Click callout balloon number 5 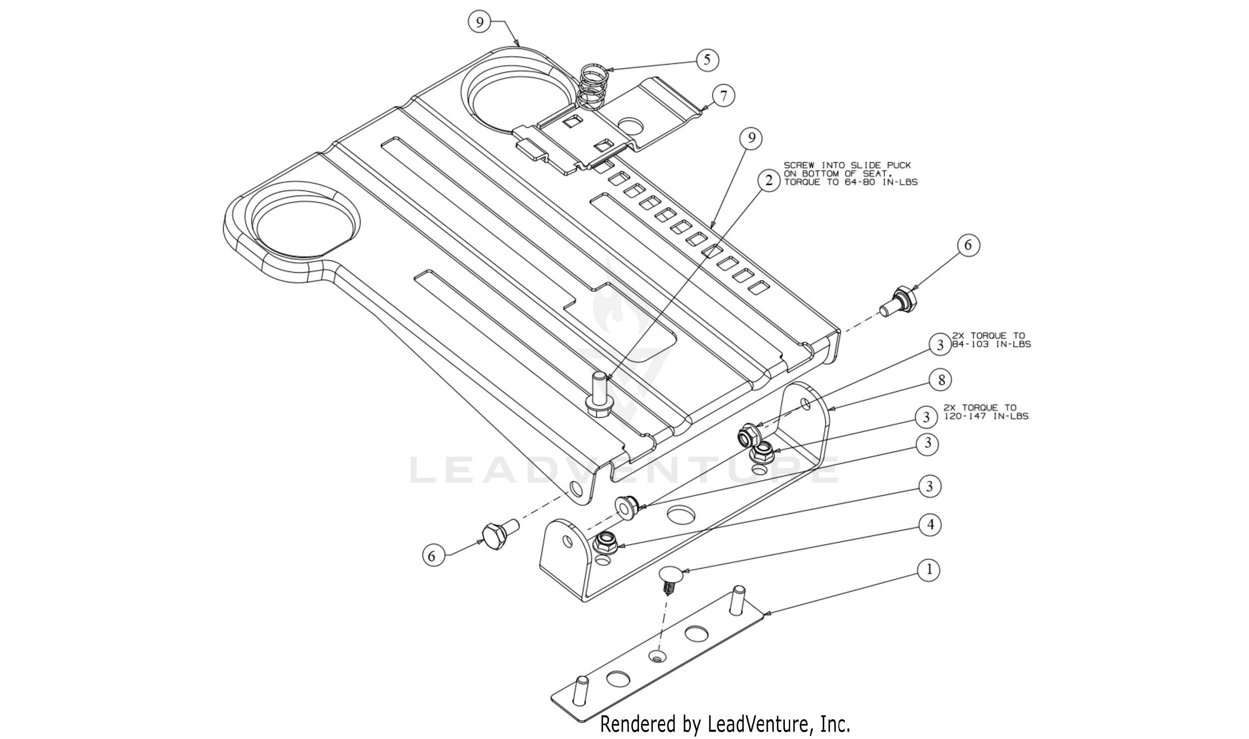click(x=707, y=60)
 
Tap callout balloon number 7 click(x=724, y=95)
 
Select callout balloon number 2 click(x=769, y=180)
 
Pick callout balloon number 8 click(x=941, y=380)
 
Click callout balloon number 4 click(x=930, y=525)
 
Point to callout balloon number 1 click(x=929, y=570)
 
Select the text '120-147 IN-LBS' click(x=986, y=416)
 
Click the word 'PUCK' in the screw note click(x=899, y=165)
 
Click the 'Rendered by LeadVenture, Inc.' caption click(x=725, y=723)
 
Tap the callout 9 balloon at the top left click(x=480, y=22)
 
